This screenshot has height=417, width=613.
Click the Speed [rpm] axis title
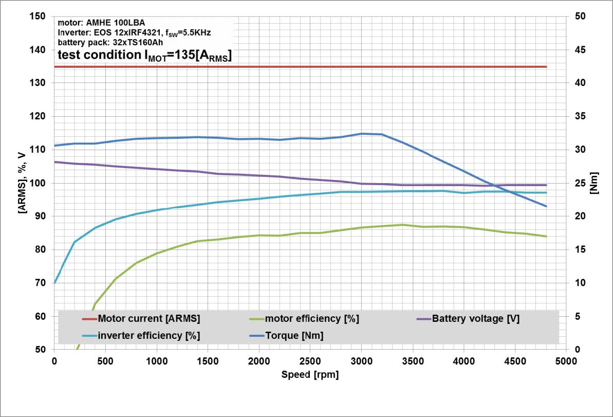[x=310, y=375]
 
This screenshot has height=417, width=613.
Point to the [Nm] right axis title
[x=595, y=183]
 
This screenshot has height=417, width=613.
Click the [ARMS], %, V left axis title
[x=22, y=183]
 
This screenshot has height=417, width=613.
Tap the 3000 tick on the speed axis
[x=361, y=360]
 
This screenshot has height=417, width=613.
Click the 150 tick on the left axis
[x=38, y=16]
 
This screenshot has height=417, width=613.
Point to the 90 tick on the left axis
[x=40, y=216]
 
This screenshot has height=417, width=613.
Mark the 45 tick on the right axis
[x=581, y=50]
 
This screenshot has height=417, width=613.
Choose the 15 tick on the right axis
[x=581, y=250]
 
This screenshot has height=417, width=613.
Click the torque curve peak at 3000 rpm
[x=362, y=134]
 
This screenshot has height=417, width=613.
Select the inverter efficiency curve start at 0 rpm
[x=54, y=282]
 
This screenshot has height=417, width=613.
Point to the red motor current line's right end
[x=546, y=67]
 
